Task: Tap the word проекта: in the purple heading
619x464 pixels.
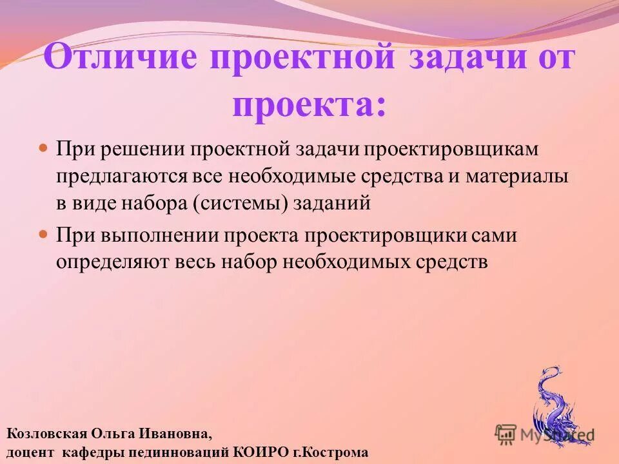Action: pos(310,104)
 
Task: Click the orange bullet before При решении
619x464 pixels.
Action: pos(44,148)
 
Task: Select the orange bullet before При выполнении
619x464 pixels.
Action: pos(44,233)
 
